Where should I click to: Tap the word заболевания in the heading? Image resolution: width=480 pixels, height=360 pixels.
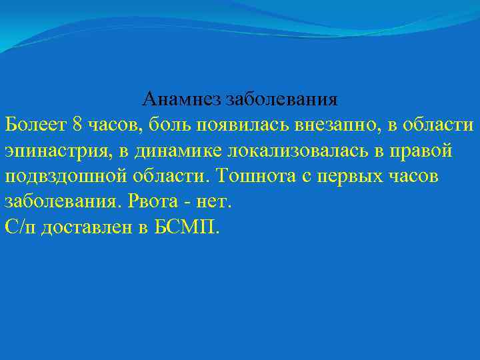282,100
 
